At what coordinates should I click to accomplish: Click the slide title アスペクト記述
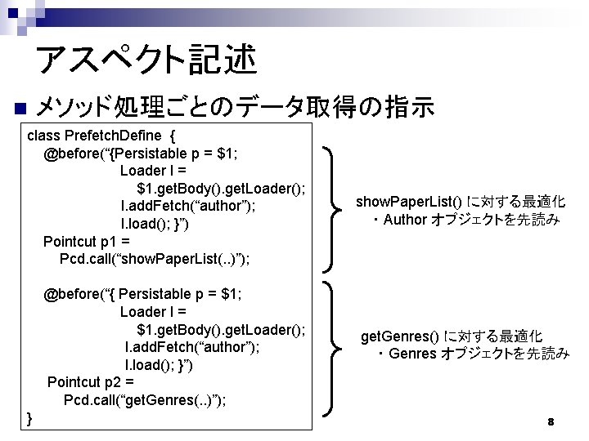pyautogui.click(x=146, y=59)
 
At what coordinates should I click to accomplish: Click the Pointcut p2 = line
pyautogui.click(x=90, y=381)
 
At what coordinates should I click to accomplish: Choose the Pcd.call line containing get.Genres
pyautogui.click(x=146, y=399)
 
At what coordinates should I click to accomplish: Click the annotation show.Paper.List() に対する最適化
pyautogui.click(x=461, y=201)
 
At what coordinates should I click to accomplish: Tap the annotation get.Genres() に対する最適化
pyautogui.click(x=452, y=336)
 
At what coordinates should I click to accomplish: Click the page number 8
pyautogui.click(x=551, y=422)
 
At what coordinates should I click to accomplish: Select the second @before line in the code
pyautogui.click(x=143, y=294)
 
